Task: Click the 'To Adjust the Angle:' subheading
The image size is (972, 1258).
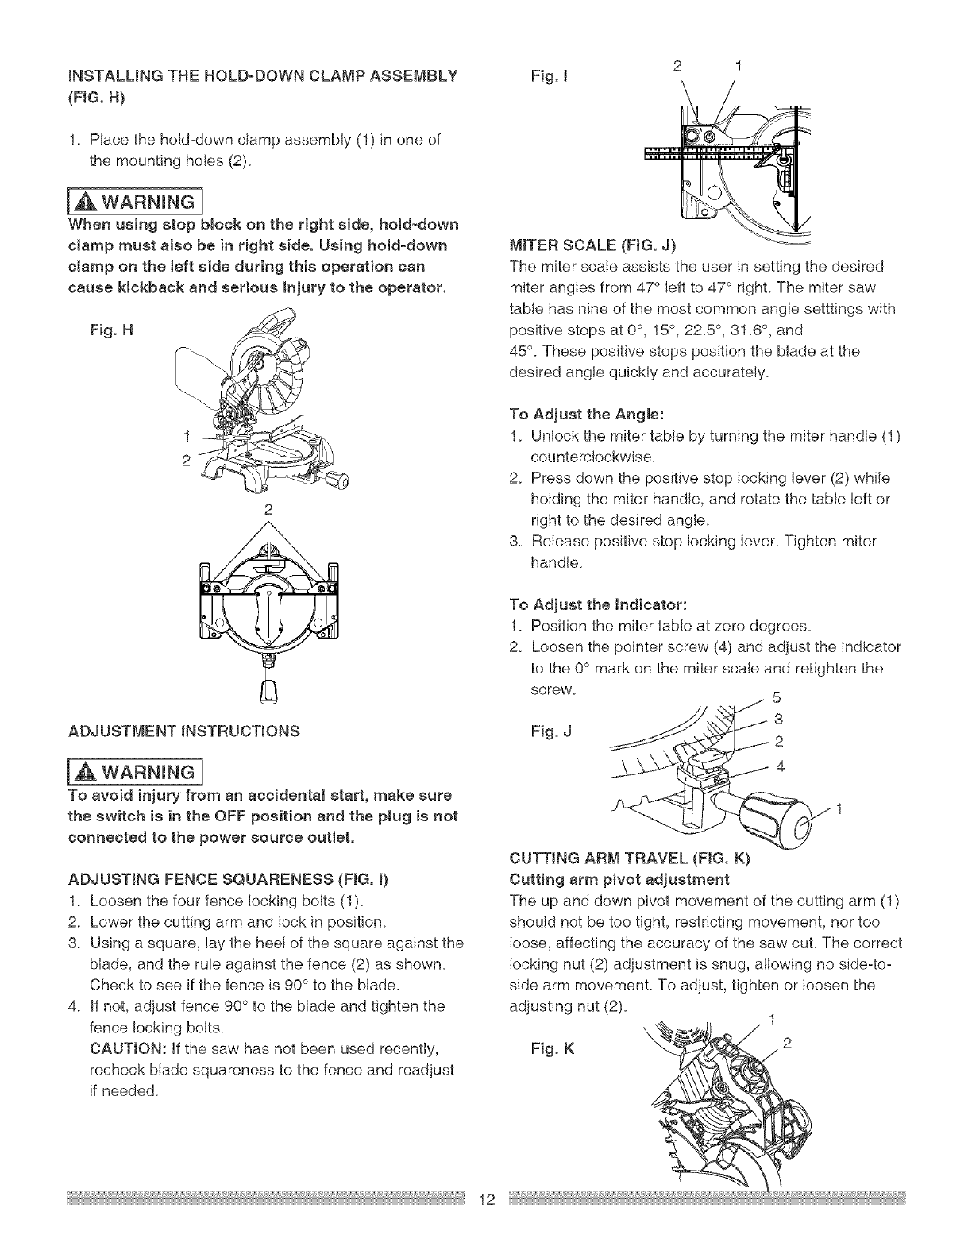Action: [587, 414]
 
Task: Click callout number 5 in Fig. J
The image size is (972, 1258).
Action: [777, 699]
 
